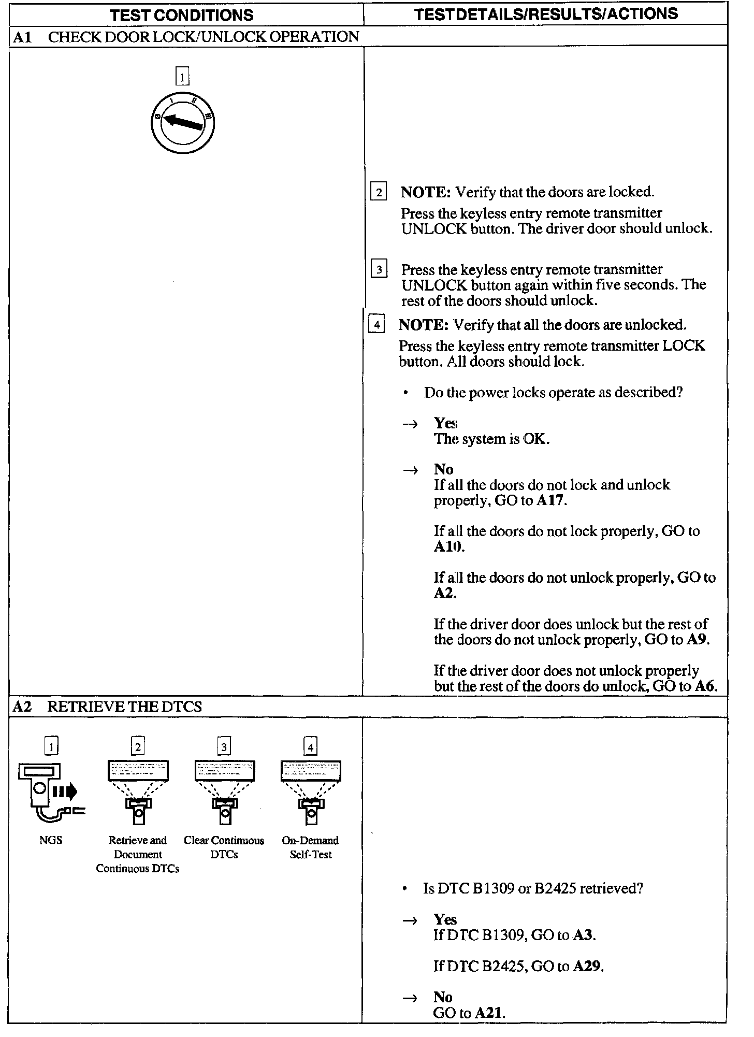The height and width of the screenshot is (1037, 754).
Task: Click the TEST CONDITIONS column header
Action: tap(182, 15)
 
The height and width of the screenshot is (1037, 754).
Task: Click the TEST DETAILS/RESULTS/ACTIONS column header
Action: tap(546, 13)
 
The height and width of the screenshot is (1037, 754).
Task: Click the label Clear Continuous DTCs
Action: tap(224, 847)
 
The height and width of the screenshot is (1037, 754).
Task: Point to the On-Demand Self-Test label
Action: tap(310, 847)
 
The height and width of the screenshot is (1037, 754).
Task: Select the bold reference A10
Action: tap(448, 547)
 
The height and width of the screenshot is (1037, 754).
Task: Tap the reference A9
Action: tap(697, 640)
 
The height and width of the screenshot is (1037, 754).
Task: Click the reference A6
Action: tap(705, 686)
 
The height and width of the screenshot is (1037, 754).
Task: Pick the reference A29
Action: tap(588, 967)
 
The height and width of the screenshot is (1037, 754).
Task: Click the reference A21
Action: tap(489, 1013)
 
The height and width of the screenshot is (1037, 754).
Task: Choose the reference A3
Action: tap(584, 935)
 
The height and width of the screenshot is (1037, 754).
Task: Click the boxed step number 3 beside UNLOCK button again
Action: tap(379, 270)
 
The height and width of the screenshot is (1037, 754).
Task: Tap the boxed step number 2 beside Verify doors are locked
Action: tap(379, 193)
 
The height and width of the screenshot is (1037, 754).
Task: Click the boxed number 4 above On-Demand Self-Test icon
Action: tap(310, 746)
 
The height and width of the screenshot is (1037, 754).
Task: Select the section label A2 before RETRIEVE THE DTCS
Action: tap(22, 707)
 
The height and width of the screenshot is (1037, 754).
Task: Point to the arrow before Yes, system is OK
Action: tap(410, 424)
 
